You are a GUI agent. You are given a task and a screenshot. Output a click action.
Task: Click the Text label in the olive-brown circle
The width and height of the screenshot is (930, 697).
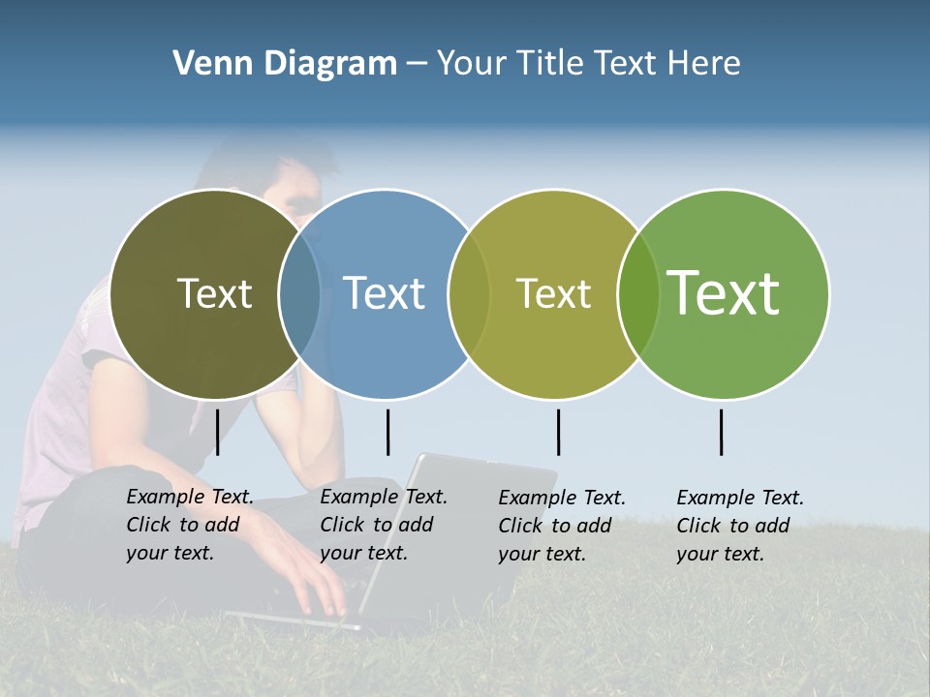click(x=214, y=293)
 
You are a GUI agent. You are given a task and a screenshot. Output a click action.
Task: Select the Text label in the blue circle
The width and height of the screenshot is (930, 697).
click(x=385, y=293)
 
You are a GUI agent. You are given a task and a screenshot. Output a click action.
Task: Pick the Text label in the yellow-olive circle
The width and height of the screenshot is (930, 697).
click(x=553, y=293)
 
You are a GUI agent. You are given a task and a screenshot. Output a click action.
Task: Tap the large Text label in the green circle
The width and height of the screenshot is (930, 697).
click(x=724, y=292)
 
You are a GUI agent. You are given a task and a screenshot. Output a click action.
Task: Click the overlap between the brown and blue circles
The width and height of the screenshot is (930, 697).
click(x=299, y=293)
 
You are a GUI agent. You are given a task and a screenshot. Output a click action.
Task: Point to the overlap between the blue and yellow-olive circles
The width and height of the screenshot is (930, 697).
click(x=469, y=293)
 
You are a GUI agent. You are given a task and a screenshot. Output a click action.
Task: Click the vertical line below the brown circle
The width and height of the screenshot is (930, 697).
click(x=217, y=432)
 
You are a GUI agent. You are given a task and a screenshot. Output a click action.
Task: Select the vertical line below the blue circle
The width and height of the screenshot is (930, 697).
click(x=387, y=432)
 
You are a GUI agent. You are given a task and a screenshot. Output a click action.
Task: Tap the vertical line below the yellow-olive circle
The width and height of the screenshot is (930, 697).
click(x=558, y=432)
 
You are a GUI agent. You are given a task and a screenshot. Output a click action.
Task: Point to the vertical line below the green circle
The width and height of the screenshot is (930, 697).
click(x=721, y=432)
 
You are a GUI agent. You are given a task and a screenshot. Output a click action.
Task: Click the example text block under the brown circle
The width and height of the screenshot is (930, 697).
click(x=190, y=525)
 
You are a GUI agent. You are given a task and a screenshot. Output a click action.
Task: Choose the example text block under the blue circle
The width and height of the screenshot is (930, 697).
click(x=384, y=525)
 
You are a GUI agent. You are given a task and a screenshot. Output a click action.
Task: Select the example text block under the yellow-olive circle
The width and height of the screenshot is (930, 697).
click(x=562, y=526)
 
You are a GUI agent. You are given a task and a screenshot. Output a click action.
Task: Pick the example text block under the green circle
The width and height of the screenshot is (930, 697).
click(x=740, y=526)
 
